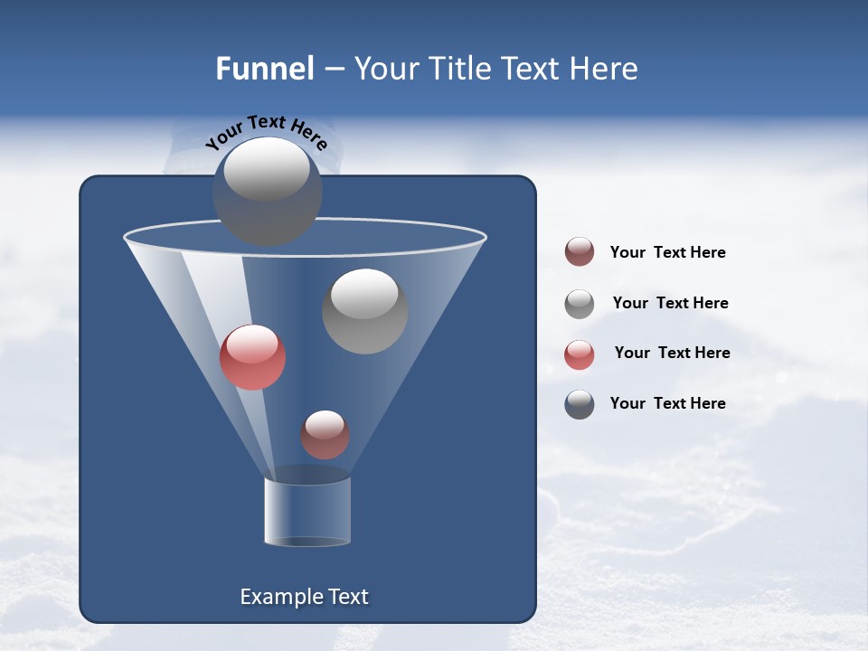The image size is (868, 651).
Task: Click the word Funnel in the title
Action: [x=264, y=69]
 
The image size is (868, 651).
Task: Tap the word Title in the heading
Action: [x=459, y=69]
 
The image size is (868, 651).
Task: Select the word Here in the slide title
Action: [x=603, y=69]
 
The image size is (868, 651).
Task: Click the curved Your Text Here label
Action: [x=266, y=132]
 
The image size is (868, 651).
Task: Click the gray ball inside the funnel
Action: [x=364, y=312]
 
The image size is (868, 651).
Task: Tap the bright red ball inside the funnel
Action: [x=252, y=357]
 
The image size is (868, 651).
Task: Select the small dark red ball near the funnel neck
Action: [x=325, y=435]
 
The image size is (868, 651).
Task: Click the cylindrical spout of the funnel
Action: [x=307, y=511]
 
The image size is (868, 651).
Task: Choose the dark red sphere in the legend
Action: [x=580, y=252]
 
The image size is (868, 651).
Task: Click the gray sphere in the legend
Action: [x=580, y=304]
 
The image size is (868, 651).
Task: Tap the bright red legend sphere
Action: [x=580, y=354]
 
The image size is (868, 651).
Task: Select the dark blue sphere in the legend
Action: [x=580, y=404]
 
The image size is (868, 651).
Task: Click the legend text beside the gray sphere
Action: [x=670, y=303]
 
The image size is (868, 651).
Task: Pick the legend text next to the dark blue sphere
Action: [x=667, y=403]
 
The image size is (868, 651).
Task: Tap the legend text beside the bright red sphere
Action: [x=672, y=353]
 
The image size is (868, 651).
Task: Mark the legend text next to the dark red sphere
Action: [x=667, y=252]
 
